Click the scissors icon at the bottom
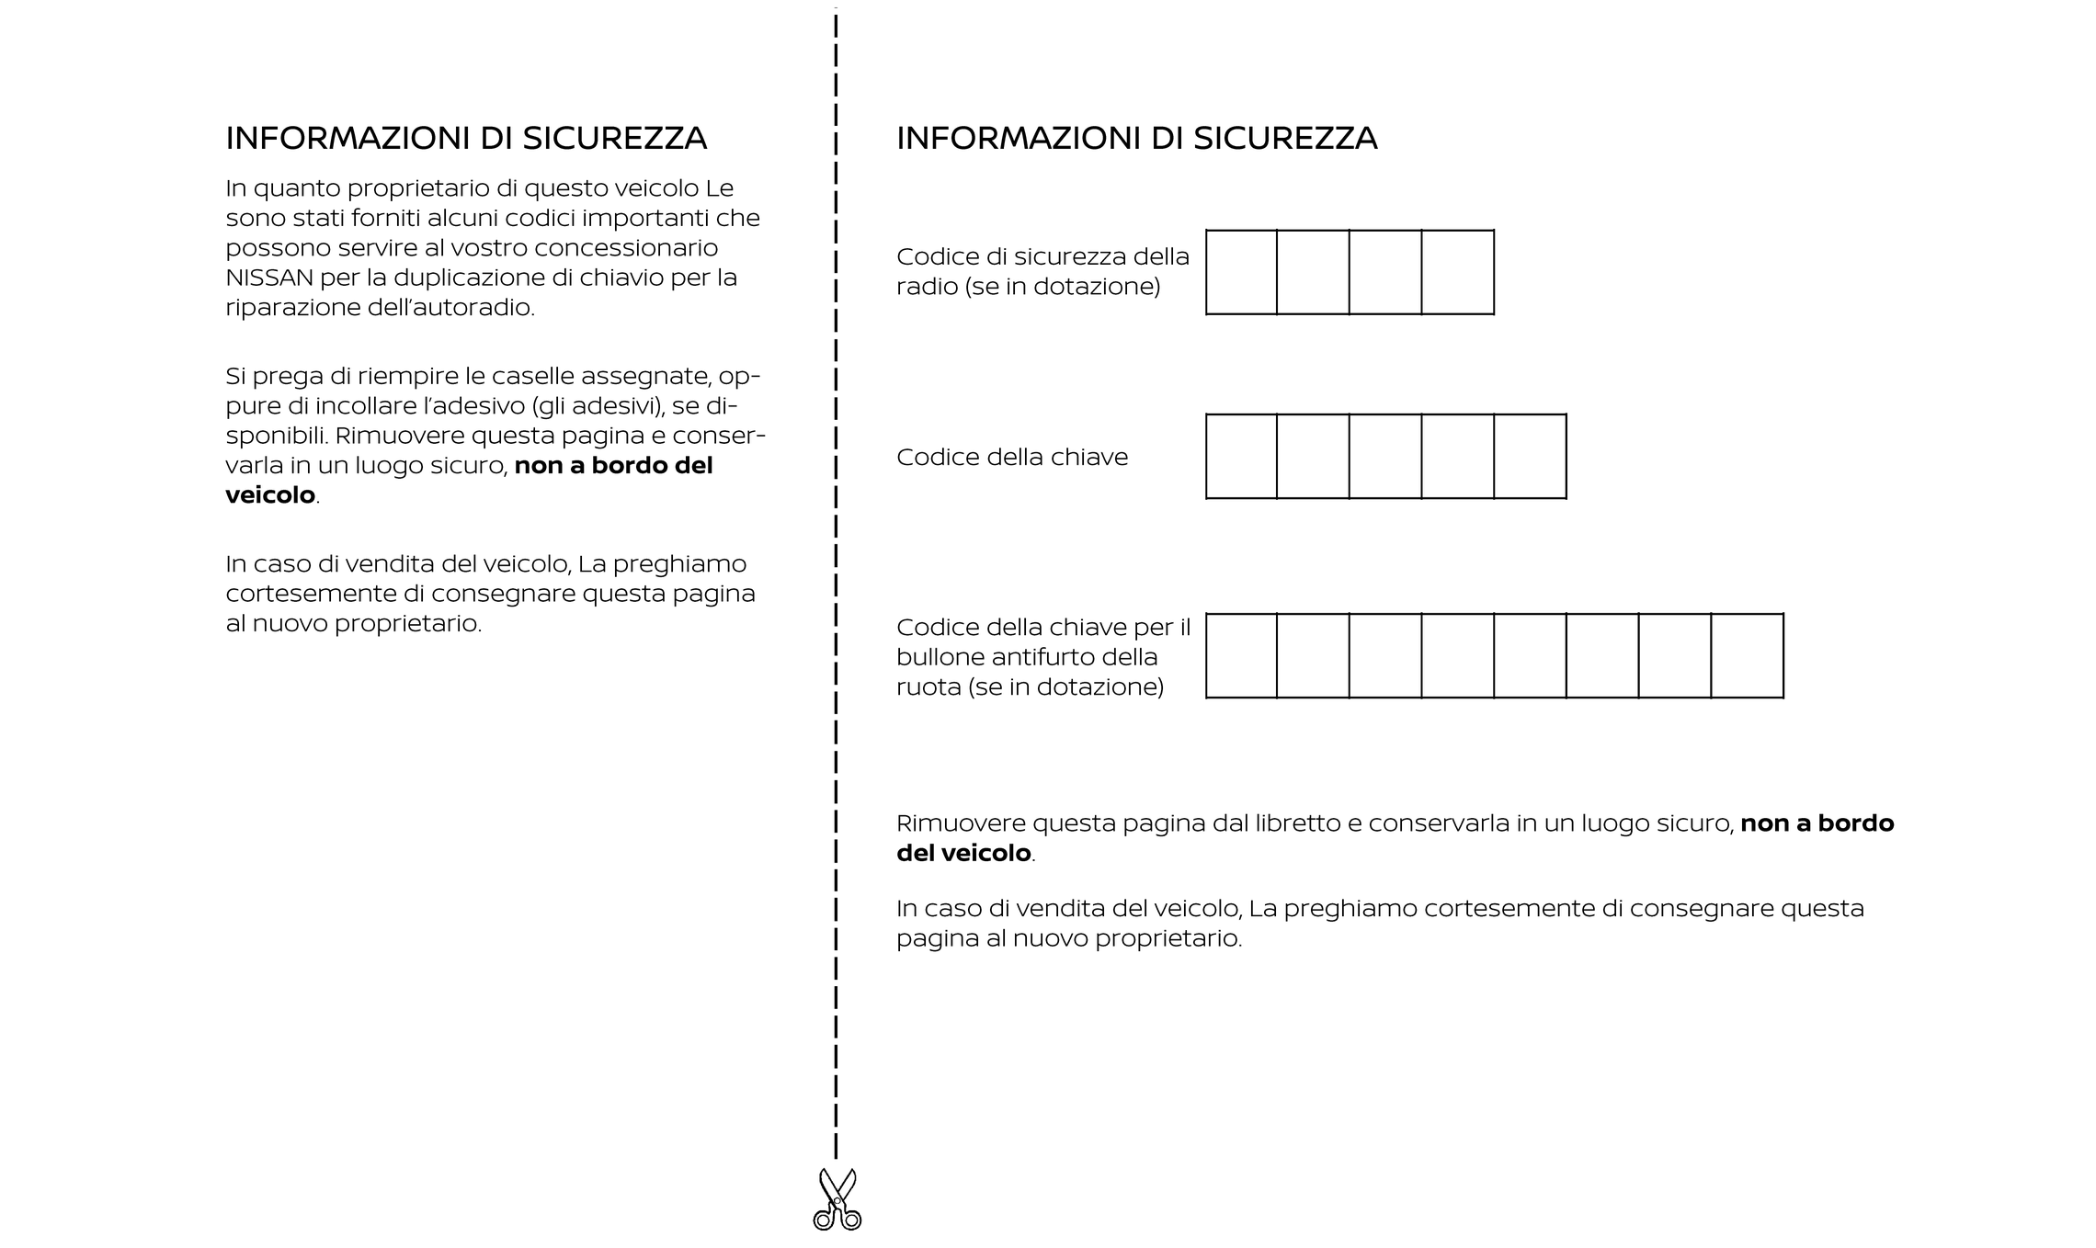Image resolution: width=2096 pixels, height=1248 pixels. pos(837,1199)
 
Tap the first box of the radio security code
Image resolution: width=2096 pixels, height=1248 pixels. pos(1241,272)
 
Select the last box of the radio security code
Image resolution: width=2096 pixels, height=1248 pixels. pos(1457,272)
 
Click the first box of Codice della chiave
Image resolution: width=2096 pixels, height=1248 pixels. pos(1241,457)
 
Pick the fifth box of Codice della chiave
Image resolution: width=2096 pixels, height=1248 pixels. pos(1530,457)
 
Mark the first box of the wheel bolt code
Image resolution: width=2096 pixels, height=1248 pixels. pos(1241,656)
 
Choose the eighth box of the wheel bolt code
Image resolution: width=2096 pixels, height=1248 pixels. pos(1747,656)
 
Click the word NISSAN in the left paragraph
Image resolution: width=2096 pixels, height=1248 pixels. pos(269,278)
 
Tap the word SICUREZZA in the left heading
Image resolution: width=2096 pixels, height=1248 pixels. pos(614,139)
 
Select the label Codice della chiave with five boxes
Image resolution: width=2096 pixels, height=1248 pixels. pos(1011,458)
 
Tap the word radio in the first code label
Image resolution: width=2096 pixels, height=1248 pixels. pos(927,287)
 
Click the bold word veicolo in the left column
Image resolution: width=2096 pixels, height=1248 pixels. pos(270,495)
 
